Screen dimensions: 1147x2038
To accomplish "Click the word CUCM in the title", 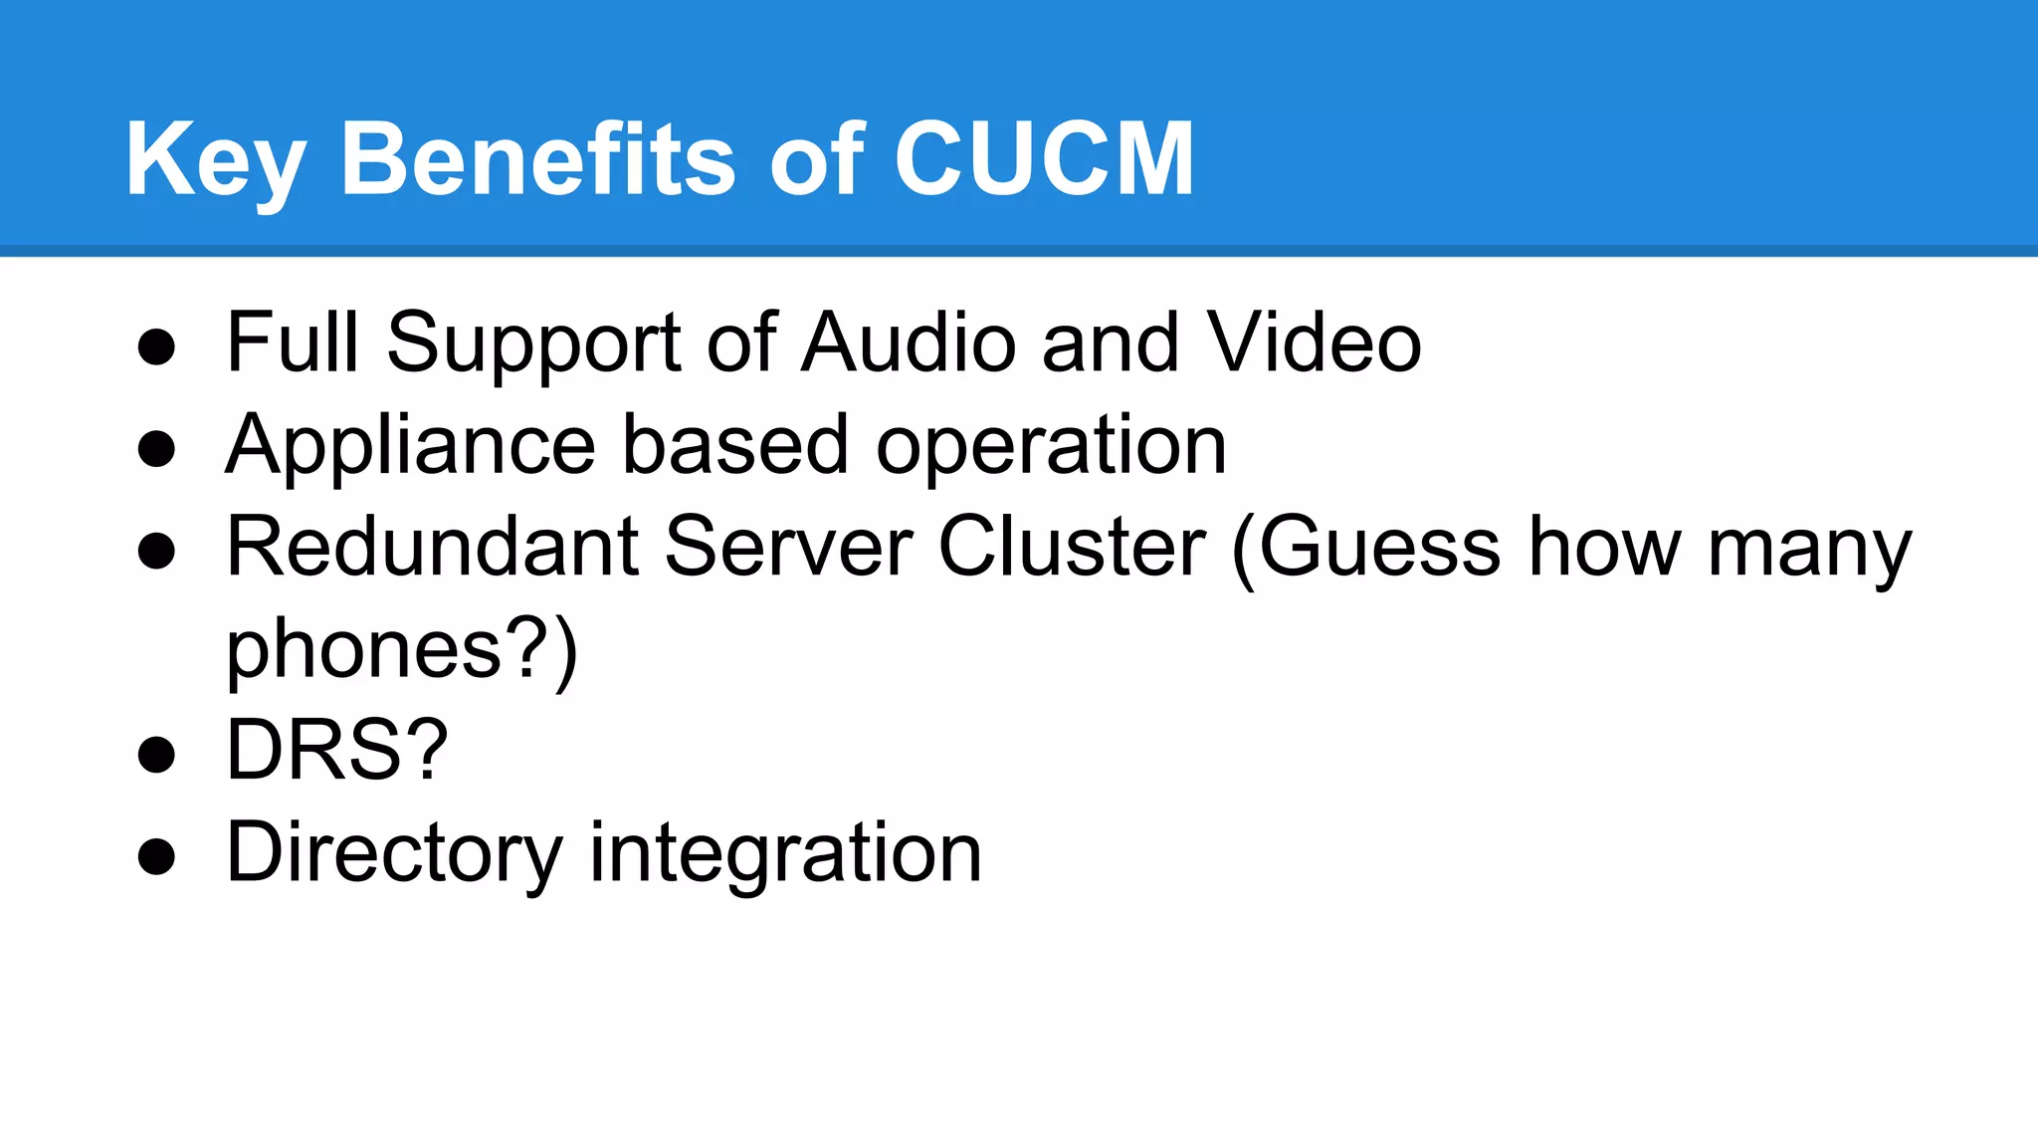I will click(1044, 159).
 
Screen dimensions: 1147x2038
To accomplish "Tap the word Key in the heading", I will click(215, 161).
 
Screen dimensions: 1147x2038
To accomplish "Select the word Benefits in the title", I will click(537, 159).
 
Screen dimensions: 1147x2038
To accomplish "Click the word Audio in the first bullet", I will click(909, 343).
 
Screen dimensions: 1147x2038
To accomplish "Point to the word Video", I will click(1314, 343).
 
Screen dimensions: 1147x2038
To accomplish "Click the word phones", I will click(364, 650).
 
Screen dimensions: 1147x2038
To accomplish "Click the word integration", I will click(785, 853).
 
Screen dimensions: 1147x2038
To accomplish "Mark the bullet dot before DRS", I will click(156, 754).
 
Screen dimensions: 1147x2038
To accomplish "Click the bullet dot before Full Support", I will click(156, 347).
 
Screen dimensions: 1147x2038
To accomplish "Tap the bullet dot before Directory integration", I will click(156, 856).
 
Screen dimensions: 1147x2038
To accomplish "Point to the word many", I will click(1809, 549).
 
